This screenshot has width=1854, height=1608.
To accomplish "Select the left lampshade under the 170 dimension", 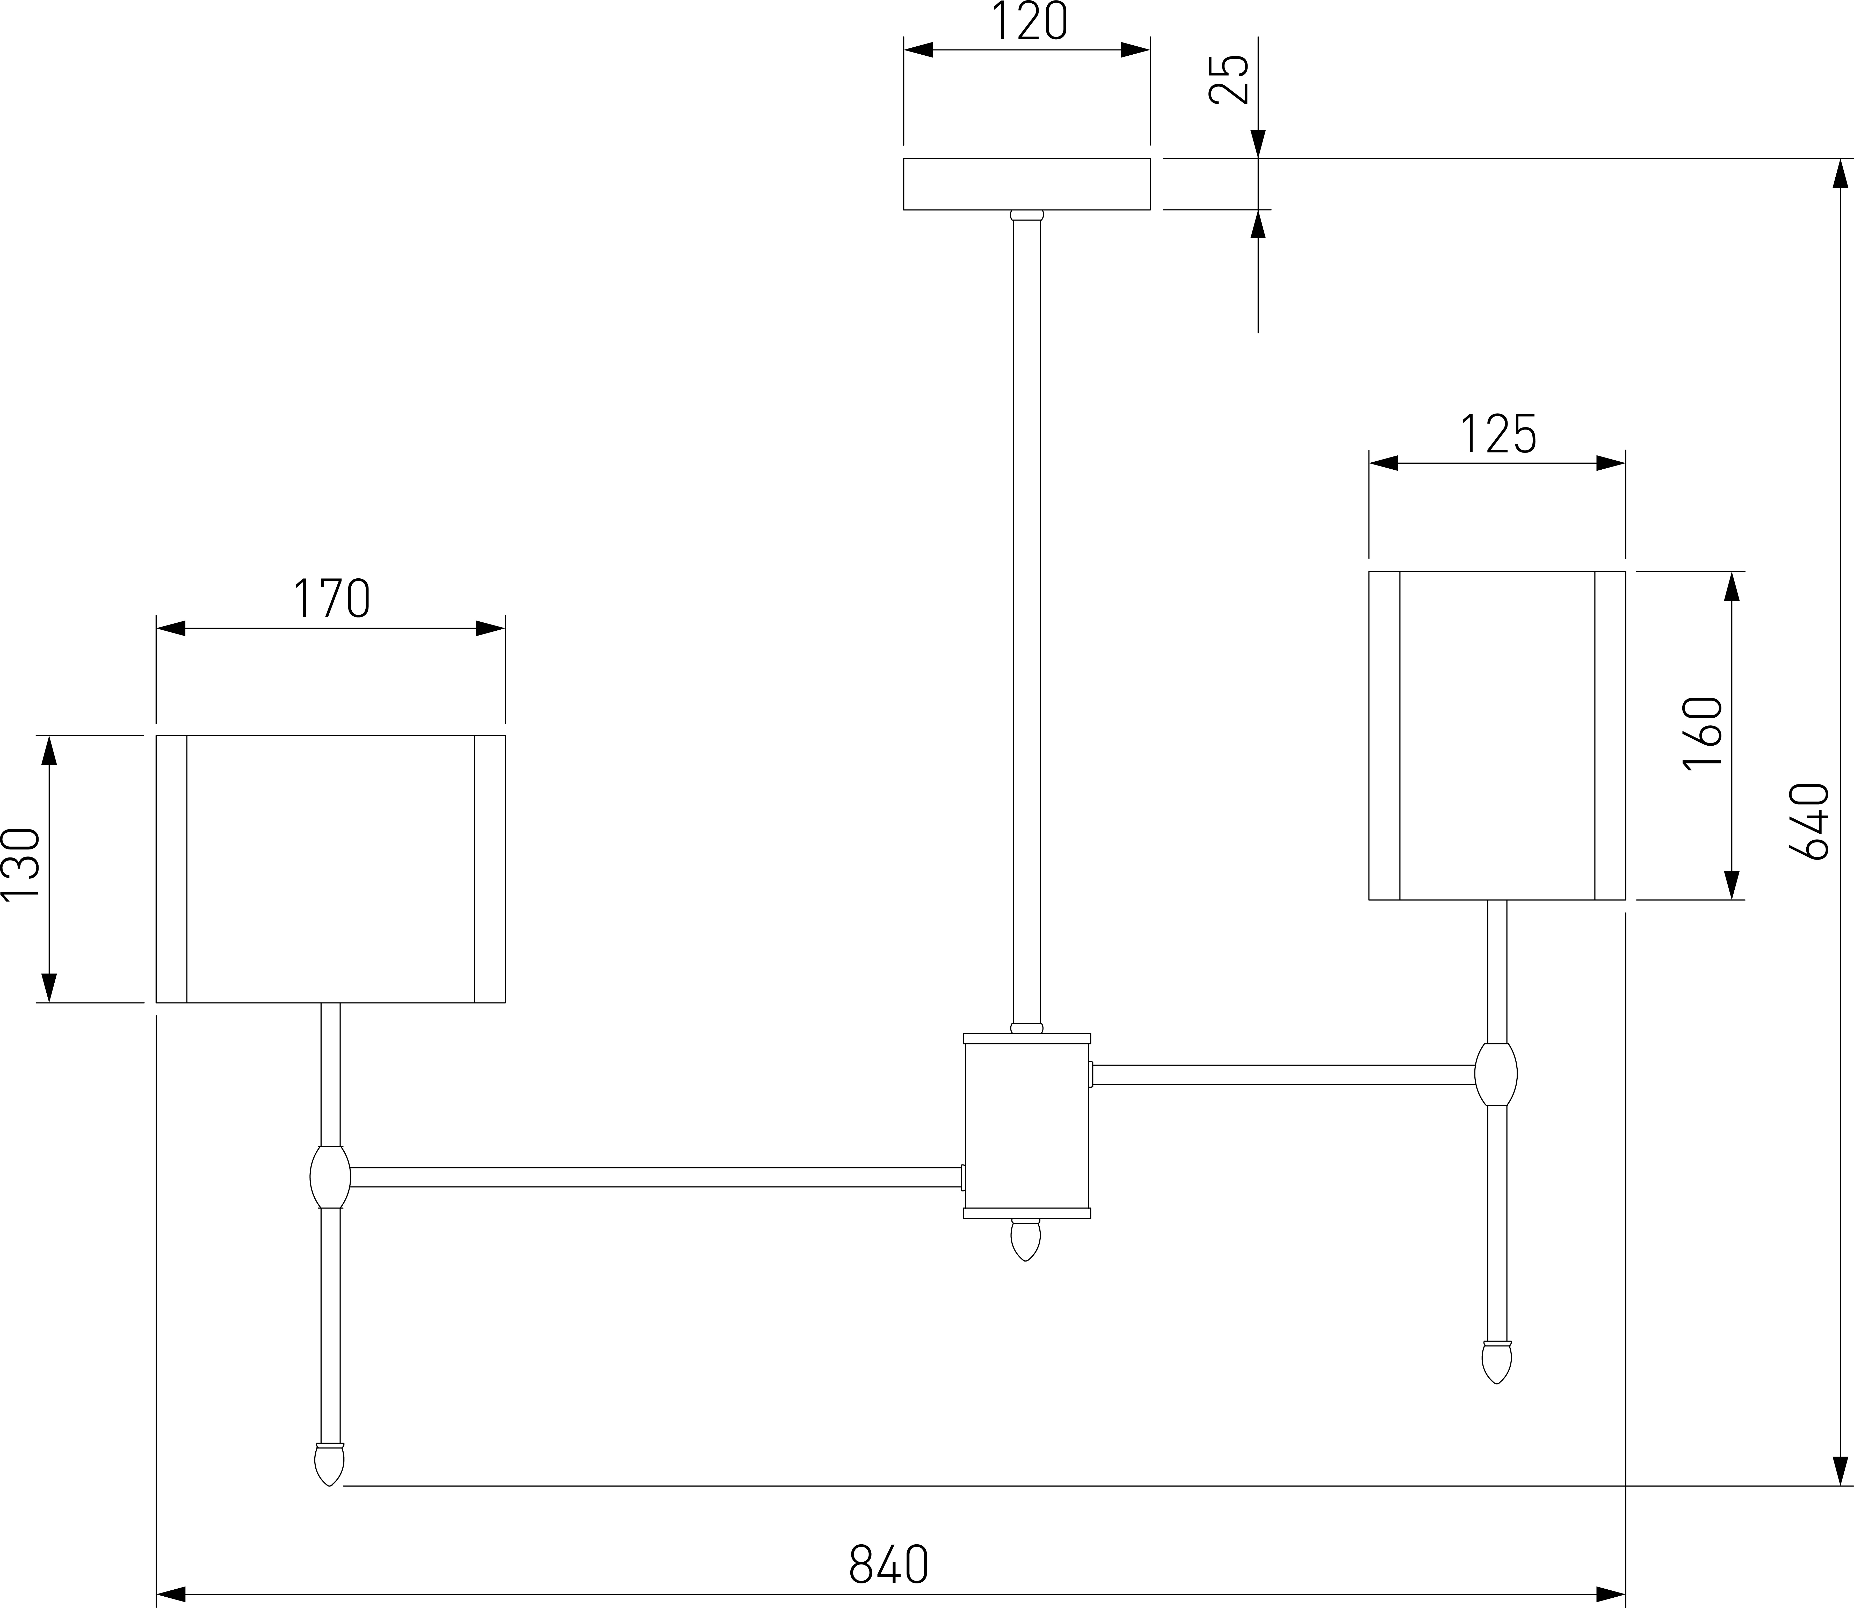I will (x=330, y=869).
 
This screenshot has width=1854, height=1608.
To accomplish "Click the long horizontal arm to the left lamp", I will (x=655, y=1177).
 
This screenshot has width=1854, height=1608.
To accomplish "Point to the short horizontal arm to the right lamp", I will (x=1283, y=1074).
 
